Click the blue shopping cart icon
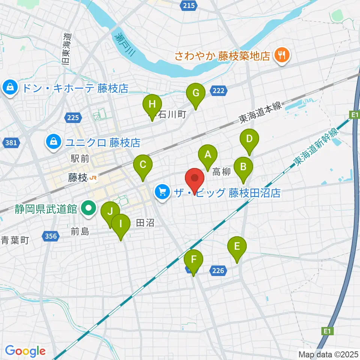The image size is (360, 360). point(162,193)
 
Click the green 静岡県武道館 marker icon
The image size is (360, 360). point(88,208)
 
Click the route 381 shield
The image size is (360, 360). point(10,142)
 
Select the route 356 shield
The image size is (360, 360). point(51,236)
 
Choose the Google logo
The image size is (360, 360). point(25,351)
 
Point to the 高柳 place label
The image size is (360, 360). point(221,172)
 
